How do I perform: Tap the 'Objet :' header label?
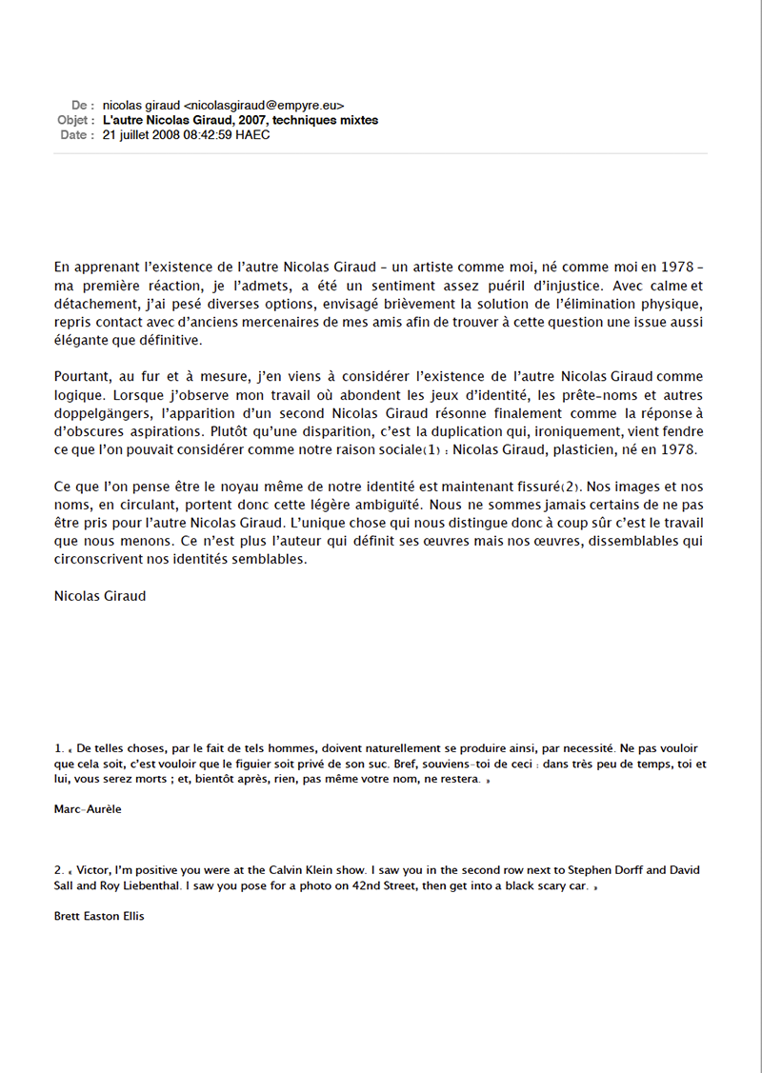click(76, 121)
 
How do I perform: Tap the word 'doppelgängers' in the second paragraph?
click(100, 413)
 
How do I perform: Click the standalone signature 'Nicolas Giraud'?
click(100, 597)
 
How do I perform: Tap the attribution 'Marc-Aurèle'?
click(89, 809)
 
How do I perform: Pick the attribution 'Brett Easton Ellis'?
click(100, 917)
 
